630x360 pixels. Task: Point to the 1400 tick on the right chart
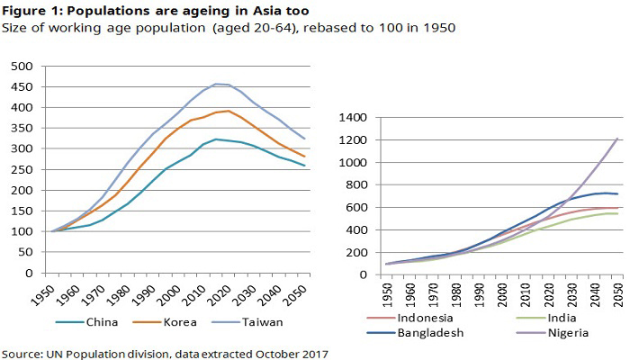355,118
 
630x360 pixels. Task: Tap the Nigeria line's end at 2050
616,139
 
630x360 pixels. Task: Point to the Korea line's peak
229,111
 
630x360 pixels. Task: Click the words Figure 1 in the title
35,9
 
